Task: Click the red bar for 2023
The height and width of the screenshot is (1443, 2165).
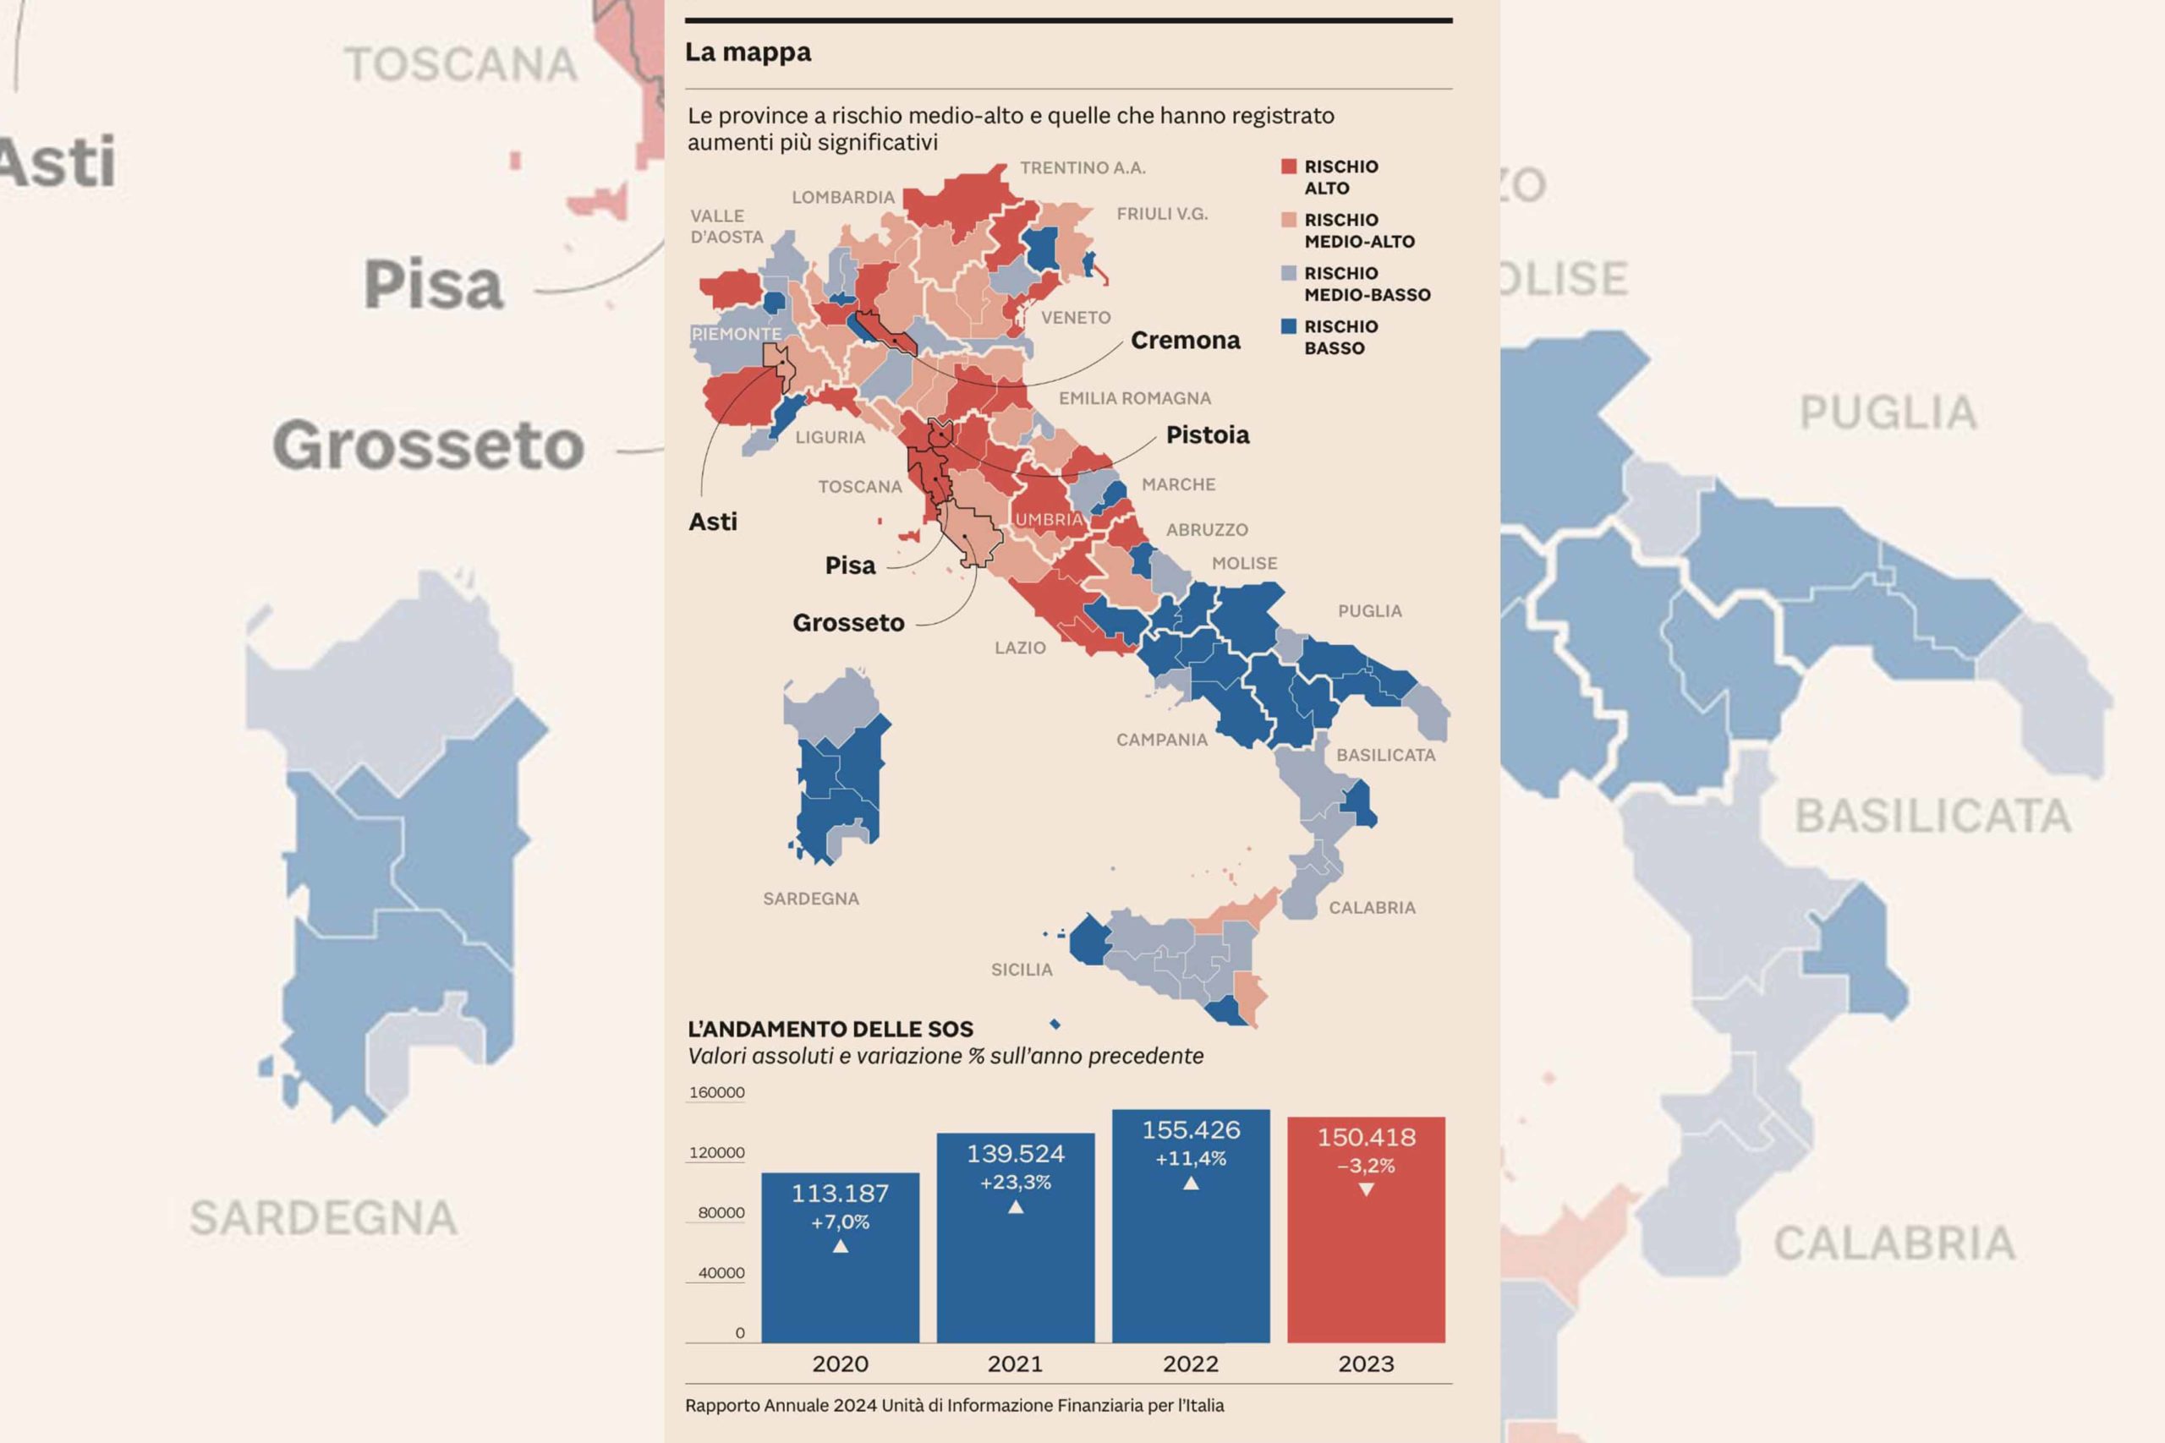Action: (1366, 1270)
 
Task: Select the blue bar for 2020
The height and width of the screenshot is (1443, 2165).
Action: (840, 1288)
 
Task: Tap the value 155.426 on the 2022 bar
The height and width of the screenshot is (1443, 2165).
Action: (1191, 1130)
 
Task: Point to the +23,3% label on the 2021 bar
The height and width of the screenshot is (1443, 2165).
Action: (1016, 1183)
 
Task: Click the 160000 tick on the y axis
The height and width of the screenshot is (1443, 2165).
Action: (716, 1092)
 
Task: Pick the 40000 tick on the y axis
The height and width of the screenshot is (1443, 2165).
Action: (721, 1273)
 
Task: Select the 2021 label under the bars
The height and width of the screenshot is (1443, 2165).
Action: (1016, 1364)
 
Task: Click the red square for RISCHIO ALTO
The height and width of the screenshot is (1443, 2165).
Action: (1289, 167)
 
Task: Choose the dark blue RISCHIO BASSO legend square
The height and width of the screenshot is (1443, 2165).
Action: (1289, 326)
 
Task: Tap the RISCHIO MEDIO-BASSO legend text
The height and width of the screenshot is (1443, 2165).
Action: (1367, 284)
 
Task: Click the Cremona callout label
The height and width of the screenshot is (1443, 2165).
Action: (1185, 341)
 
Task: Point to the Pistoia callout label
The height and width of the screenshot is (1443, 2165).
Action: (1208, 435)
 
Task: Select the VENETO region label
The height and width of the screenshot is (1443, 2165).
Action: (1075, 318)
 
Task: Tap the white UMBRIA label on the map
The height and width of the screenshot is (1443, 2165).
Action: (1049, 520)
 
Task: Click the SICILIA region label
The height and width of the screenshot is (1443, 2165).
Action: (1021, 970)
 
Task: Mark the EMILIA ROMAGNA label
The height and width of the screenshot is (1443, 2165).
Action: (1134, 398)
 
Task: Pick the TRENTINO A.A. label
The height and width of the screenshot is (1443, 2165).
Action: (1082, 168)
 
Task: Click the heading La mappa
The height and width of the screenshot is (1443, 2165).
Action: (748, 52)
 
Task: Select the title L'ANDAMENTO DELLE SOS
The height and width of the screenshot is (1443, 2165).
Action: (830, 1029)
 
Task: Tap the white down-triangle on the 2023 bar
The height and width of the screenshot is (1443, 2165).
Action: (1366, 1190)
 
